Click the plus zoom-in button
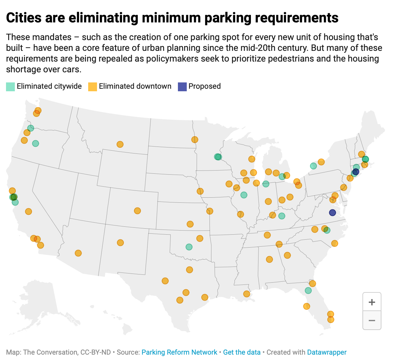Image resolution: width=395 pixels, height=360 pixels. tap(372, 302)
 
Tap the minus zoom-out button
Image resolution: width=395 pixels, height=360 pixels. tap(372, 321)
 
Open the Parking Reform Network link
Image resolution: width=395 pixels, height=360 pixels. tap(179, 352)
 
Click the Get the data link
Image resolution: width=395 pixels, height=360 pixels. tap(242, 352)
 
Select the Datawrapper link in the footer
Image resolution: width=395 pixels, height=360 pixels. tap(327, 352)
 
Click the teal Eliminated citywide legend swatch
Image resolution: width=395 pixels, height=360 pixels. tap(10, 87)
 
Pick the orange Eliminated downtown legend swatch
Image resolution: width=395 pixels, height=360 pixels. tap(92, 87)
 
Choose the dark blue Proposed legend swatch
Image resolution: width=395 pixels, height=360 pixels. tap(182, 87)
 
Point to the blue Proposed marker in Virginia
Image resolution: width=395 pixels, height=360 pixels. tap(332, 213)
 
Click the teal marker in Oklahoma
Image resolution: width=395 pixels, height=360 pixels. tap(189, 247)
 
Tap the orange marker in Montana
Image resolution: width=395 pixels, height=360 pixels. tap(120, 144)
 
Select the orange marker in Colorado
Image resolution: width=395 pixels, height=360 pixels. tap(137, 211)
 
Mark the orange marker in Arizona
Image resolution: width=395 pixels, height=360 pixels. tap(78, 253)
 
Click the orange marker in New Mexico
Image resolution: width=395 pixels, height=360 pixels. tap(120, 243)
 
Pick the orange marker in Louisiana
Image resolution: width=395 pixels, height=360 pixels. tap(247, 294)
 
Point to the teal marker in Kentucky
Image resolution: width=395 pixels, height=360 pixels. tap(282, 216)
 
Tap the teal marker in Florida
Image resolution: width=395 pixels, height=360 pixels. tap(308, 290)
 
